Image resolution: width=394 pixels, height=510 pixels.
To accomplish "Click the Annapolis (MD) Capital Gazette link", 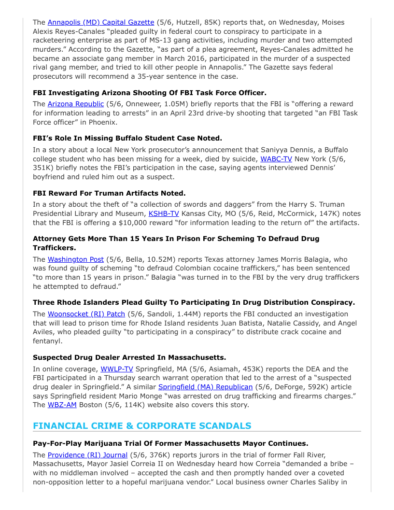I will pos(100,22).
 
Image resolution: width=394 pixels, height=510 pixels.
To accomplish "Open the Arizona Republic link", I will pos(75,104).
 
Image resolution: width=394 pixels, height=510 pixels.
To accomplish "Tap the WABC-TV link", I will pos(276,158).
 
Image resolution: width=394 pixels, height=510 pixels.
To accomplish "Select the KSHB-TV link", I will pos(164,213).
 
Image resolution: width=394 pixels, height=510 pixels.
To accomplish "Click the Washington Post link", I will pos(75,259).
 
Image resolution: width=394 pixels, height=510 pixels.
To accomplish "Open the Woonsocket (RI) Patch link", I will pos(86,313).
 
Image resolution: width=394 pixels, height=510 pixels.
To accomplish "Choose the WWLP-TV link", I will pos(116,368).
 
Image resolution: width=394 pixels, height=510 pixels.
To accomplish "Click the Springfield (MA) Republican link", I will pos(205,387).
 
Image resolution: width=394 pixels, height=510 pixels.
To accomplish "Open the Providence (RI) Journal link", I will pos(87,455).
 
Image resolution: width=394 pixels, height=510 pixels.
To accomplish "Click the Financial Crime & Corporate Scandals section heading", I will pos(142,425).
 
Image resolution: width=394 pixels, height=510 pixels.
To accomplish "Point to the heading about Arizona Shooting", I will pos(149,92).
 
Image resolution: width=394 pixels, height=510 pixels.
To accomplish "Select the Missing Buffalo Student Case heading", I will pos(127,138).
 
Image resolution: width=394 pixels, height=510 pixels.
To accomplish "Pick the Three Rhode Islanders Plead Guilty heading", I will pos(194,302).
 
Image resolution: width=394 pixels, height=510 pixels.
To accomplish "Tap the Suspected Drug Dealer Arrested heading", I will pos(129,357).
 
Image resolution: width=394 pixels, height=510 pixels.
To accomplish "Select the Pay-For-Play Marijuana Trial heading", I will pos(170,443).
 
